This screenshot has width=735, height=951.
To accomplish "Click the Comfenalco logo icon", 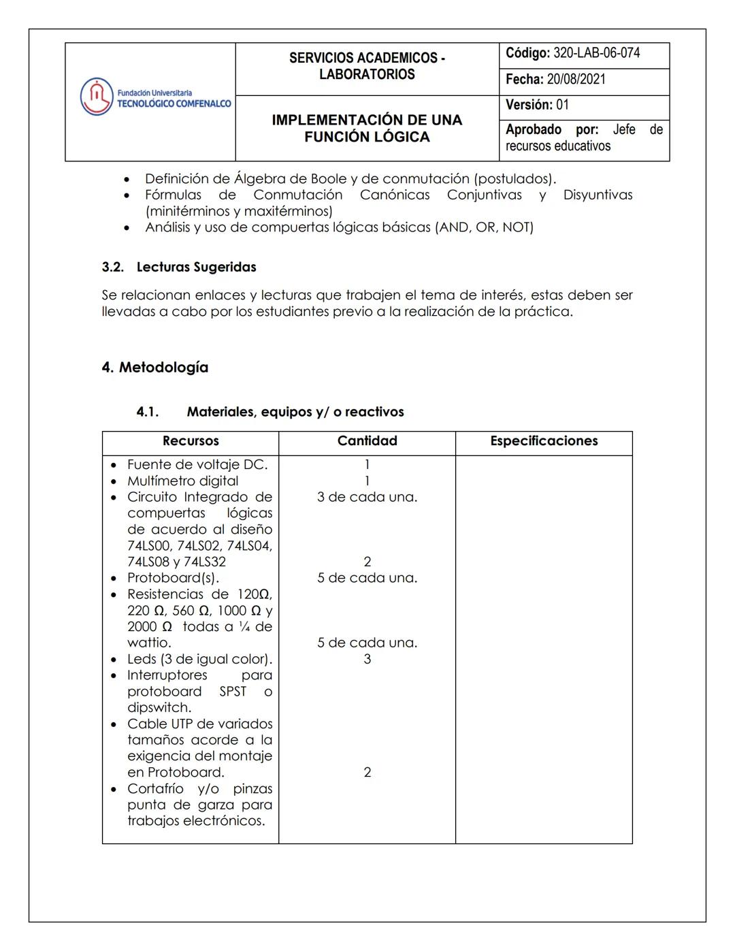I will [96, 97].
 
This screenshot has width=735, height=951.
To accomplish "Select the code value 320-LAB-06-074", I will [597, 53].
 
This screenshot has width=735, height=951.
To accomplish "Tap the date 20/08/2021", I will [576, 79].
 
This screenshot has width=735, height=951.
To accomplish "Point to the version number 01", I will [562, 105].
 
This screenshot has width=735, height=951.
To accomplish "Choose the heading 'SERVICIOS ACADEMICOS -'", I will [367, 58].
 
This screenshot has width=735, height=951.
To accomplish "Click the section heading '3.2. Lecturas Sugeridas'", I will [179, 267].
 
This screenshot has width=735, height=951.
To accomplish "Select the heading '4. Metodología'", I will [155, 368].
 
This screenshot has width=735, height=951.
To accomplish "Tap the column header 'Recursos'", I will [191, 441].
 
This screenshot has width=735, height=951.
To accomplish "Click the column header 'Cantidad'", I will [367, 441].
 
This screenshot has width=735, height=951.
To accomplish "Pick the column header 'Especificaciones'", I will [544, 441].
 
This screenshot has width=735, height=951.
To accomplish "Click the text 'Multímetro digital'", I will [182, 481].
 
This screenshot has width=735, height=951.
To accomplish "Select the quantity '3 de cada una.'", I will [367, 497].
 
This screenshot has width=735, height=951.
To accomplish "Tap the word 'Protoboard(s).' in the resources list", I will [173, 578].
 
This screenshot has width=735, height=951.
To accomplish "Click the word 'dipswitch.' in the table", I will [159, 707].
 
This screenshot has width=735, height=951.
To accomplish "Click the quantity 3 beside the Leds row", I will [367, 659].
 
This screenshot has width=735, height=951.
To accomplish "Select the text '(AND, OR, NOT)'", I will [484, 227].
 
